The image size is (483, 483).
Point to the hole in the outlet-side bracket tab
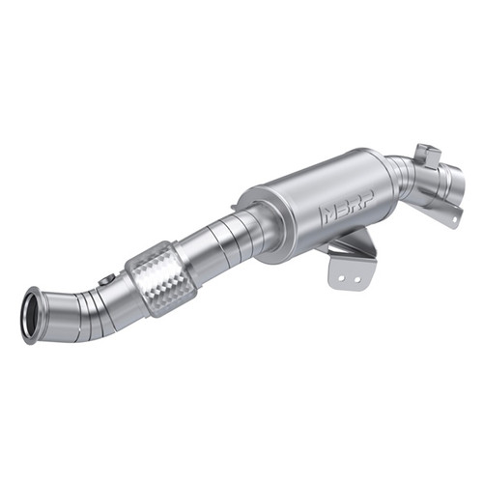(x=448, y=213)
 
